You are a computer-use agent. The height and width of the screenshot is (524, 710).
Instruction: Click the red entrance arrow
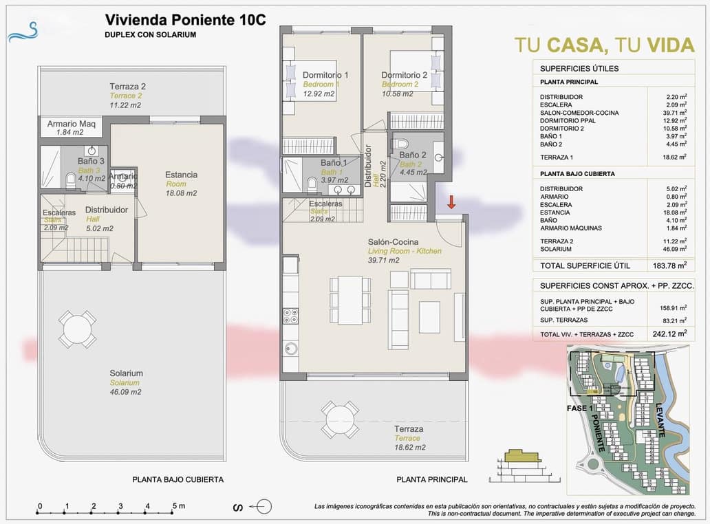(x=451, y=202)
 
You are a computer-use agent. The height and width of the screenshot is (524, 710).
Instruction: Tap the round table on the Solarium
(x=77, y=329)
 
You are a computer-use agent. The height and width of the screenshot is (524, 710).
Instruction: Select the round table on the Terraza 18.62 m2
(x=340, y=418)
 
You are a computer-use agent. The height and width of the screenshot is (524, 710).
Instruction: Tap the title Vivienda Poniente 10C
(x=185, y=20)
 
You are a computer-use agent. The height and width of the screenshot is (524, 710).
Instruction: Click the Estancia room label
(x=181, y=175)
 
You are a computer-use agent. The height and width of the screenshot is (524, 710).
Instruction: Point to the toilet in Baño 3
(x=70, y=180)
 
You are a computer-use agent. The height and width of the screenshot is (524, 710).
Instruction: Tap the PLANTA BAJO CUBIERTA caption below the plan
(x=177, y=480)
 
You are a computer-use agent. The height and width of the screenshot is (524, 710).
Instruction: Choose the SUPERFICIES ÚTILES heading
(x=579, y=68)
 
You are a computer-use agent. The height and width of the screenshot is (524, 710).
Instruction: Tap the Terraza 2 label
(x=128, y=87)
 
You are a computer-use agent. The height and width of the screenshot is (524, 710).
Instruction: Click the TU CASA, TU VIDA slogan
(x=604, y=45)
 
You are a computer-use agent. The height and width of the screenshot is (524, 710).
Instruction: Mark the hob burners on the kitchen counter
(x=290, y=316)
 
